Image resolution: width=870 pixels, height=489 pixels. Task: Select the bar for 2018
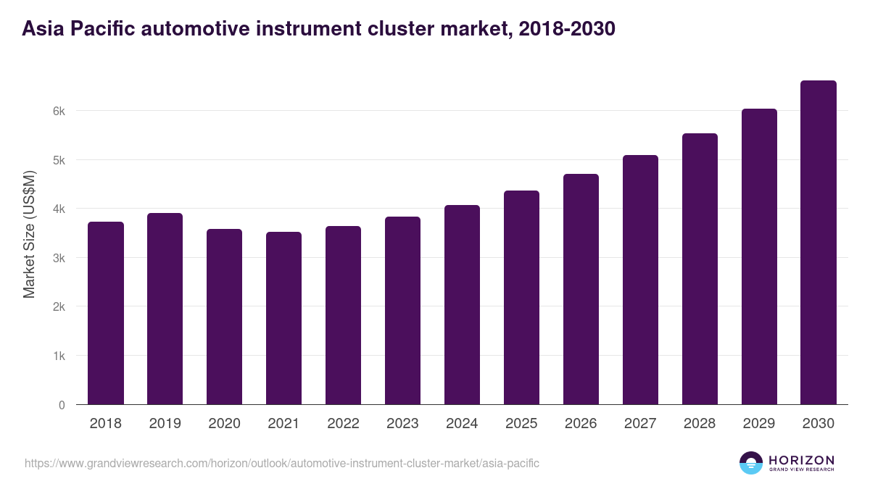(x=106, y=313)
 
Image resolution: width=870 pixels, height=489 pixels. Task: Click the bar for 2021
(x=283, y=318)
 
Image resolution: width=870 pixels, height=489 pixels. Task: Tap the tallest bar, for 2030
(x=819, y=243)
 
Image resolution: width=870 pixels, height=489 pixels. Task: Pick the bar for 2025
(x=521, y=298)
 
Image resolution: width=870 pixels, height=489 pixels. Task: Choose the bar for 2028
(x=700, y=269)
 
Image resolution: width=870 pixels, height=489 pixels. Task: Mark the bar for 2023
(x=402, y=311)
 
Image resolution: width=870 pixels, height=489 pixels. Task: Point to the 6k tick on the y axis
(x=59, y=111)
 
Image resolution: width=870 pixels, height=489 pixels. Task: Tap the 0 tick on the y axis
(x=62, y=405)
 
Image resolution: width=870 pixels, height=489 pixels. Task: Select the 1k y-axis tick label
(x=59, y=356)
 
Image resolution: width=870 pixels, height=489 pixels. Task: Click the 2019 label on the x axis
(x=165, y=424)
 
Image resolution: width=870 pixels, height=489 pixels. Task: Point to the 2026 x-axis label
(x=581, y=424)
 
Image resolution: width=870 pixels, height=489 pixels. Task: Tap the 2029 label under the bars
(x=759, y=424)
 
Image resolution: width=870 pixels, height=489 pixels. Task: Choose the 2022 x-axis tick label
(x=343, y=424)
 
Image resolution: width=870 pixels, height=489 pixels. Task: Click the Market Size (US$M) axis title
(x=29, y=234)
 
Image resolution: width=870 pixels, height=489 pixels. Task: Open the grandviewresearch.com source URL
(x=282, y=463)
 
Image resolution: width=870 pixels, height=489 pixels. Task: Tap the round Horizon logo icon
(x=750, y=463)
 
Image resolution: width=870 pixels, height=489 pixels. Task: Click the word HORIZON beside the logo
(x=801, y=459)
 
